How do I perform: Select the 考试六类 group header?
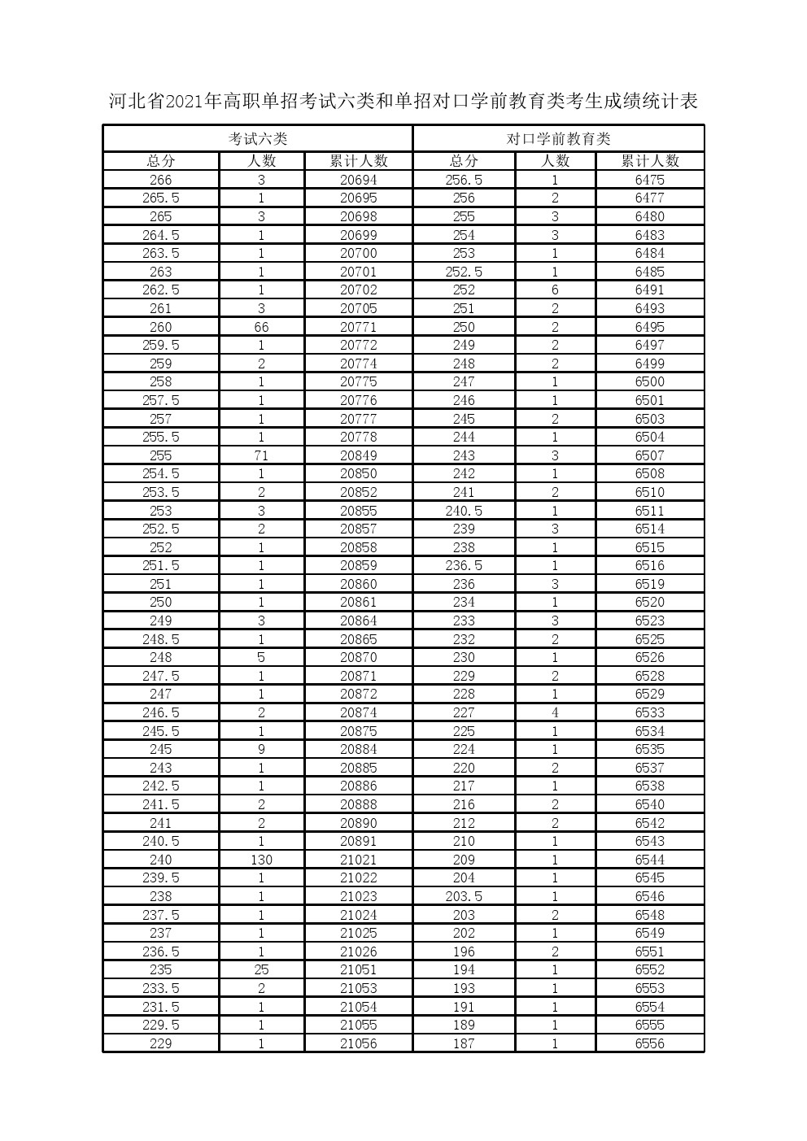[257, 139]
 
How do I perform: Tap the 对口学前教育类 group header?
[558, 139]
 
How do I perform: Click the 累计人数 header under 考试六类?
[359, 161]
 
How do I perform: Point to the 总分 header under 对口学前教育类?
[464, 161]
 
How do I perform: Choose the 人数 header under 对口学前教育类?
[556, 161]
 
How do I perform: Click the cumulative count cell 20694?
[359, 180]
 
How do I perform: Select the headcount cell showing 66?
[261, 327]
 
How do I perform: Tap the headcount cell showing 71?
[261, 455]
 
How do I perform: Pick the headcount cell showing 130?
[261, 860]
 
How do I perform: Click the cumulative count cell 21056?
[359, 1043]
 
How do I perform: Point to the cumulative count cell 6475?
[650, 180]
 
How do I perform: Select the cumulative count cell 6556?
[650, 1043]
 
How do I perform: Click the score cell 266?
[161, 180]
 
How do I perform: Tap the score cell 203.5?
[464, 896]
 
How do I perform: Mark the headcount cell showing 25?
[261, 969]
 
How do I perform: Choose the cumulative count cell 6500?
[650, 381]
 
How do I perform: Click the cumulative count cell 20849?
[359, 455]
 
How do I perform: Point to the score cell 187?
[464, 1043]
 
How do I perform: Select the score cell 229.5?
[161, 1025]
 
